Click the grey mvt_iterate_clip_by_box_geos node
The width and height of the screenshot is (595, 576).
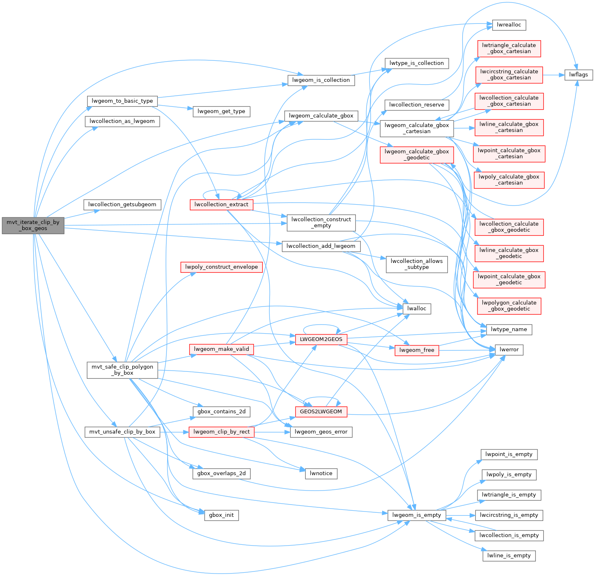coord(33,225)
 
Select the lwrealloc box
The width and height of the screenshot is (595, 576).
coord(509,25)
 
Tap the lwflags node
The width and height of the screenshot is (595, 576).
coord(579,74)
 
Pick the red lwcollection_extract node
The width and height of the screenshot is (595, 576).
coord(221,204)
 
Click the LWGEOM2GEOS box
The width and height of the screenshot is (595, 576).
coord(321,339)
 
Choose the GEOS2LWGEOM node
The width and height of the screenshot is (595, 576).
coord(321,411)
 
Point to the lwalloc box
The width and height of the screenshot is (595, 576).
coord(417,309)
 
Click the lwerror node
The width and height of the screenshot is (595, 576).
coord(509,350)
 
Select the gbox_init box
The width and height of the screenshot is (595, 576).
coord(221,515)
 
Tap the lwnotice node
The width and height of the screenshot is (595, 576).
coord(321,473)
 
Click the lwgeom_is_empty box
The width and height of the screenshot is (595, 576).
coord(417,515)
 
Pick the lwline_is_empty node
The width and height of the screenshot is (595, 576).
coord(509,555)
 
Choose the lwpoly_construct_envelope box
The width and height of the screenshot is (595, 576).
coord(221,267)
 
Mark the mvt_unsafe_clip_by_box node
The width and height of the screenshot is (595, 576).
coord(122,431)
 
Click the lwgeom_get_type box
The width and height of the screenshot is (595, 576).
coord(221,111)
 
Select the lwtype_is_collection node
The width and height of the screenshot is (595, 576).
coord(417,63)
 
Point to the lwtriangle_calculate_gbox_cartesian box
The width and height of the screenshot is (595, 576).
coord(509,48)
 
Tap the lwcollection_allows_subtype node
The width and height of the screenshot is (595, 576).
coord(417,264)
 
